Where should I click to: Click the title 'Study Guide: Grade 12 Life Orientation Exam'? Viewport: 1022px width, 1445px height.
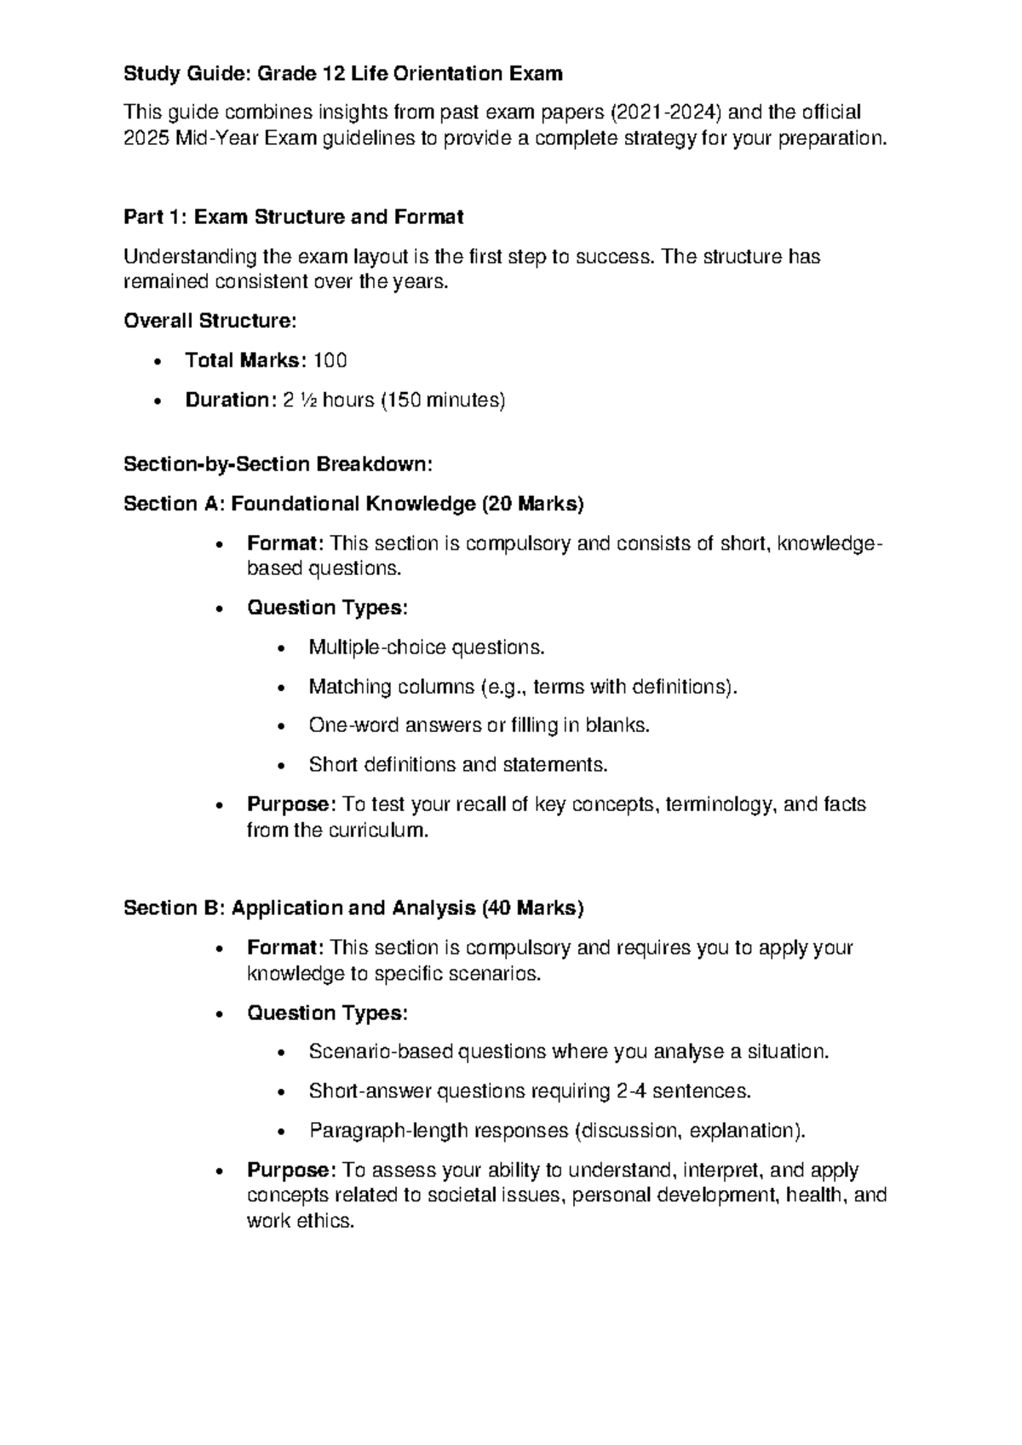343,74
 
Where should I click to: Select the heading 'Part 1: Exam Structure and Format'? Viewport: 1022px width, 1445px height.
294,217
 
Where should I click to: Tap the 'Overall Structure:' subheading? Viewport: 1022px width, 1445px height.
210,321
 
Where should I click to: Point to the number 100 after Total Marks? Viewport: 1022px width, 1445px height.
330,361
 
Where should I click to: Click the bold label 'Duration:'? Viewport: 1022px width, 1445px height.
227,400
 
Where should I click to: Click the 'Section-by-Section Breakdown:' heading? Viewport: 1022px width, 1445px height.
278,464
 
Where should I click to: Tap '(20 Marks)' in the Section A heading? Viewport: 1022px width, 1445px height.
533,504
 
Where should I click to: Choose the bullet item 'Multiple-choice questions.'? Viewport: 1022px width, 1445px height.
426,648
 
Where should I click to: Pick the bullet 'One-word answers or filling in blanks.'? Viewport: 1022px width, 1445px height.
479,726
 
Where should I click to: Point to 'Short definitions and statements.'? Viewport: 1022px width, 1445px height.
458,765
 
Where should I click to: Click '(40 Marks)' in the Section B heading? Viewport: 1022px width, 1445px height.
533,909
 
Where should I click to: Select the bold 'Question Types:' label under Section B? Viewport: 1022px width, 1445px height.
328,1013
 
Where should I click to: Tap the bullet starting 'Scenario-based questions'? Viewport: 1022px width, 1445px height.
568,1052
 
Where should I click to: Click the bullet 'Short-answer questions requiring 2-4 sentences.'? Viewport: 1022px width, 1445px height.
530,1091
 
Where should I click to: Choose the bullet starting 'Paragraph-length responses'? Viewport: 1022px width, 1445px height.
556,1131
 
